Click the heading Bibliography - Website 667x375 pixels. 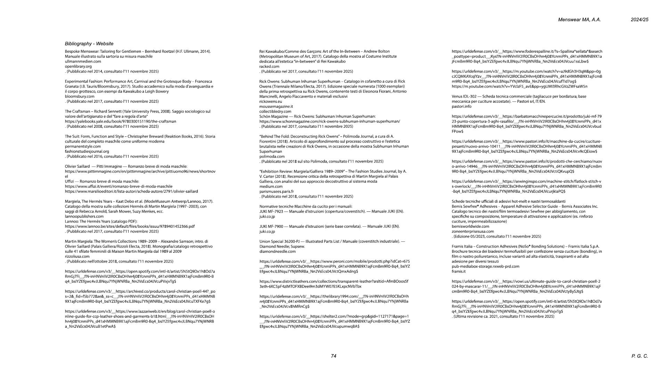pyautogui.click(x=89, y=44)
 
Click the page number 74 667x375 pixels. pyautogui.click(x=333, y=356)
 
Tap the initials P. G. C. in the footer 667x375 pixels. pyautogui.click(x=640, y=356)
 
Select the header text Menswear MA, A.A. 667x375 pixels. pyautogui.click(x=579, y=20)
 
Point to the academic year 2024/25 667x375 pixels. pyautogui.click(x=640, y=20)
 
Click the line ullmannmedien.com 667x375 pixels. pyautogui.click(x=83, y=61)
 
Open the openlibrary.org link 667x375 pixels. pyautogui.click(x=78, y=66)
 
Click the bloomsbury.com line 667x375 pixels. pyautogui.click(x=80, y=97)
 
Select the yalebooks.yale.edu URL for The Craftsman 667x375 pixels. pyautogui.click(x=120, y=122)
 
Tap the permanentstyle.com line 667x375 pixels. pyautogui.click(x=83, y=147)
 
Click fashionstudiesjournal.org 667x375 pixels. pyautogui.click(x=87, y=151)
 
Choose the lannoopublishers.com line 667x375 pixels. pyautogui.click(x=84, y=216)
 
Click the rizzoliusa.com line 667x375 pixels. pyautogui.click(x=77, y=256)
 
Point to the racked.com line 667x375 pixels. pyautogui.click(x=269, y=66)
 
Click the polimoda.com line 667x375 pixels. pyautogui.click(x=272, y=157)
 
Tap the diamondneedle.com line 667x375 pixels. pyautogui.click(x=277, y=251)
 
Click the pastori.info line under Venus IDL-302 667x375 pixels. pyautogui.click(x=462, y=107)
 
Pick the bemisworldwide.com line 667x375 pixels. pyautogui.click(x=470, y=226)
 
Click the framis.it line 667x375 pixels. pyautogui.click(x=458, y=272)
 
